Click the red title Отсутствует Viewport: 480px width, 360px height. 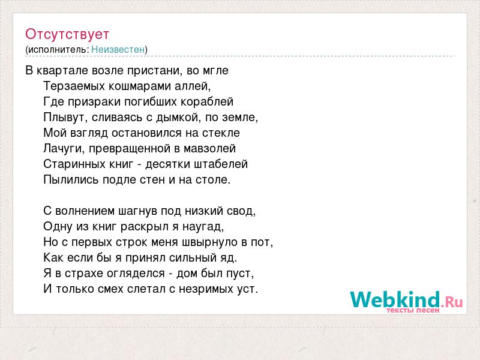pos(67,34)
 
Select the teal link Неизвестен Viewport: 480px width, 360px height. pos(118,49)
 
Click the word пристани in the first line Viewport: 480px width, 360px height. pos(155,71)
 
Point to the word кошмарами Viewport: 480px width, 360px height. pos(140,86)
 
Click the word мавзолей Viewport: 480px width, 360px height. pos(209,149)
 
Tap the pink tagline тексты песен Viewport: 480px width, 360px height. pos(413,310)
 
